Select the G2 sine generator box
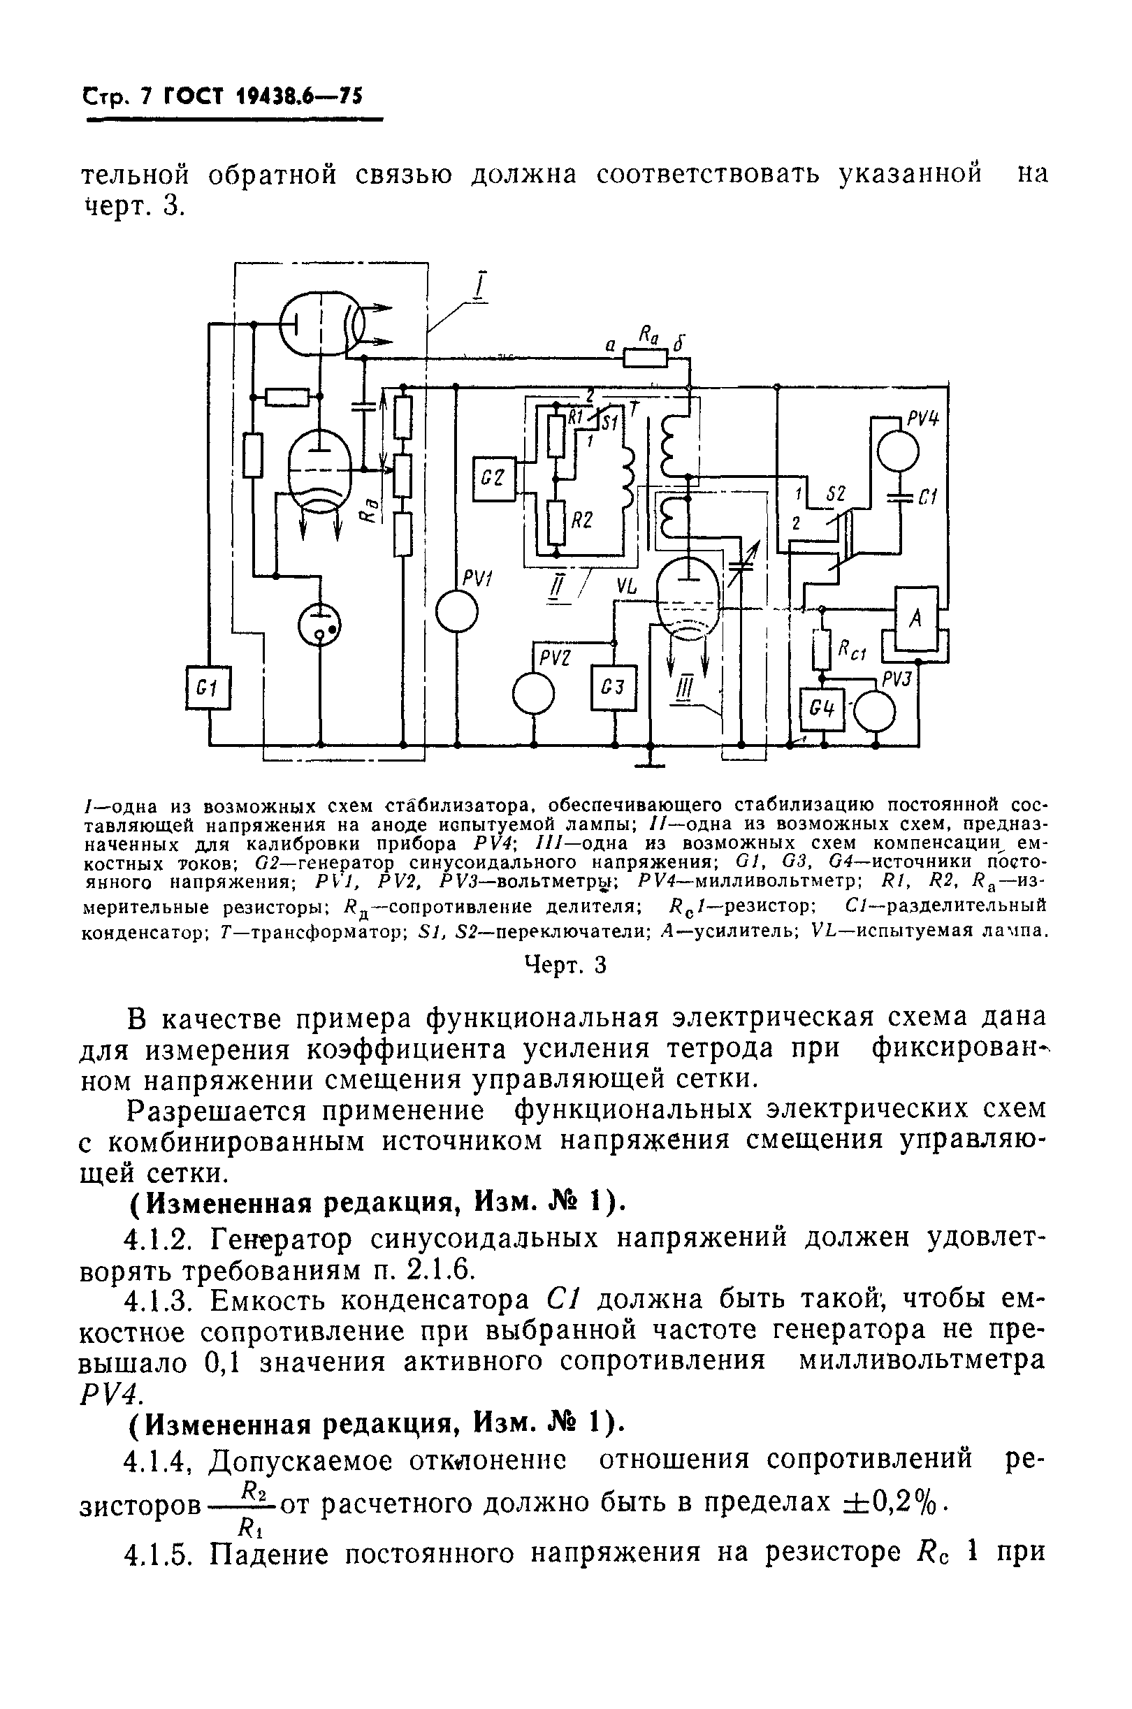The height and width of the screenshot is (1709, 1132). tap(494, 478)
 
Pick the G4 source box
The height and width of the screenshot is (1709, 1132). tap(822, 709)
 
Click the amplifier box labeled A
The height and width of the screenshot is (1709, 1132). tap(916, 618)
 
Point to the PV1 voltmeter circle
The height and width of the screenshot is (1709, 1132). tap(456, 613)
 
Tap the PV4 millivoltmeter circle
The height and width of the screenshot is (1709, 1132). tap(898, 453)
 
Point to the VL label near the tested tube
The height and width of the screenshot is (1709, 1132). tap(627, 588)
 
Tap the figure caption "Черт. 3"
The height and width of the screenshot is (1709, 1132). tap(565, 965)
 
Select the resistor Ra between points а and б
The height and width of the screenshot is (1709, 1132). tap(646, 357)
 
